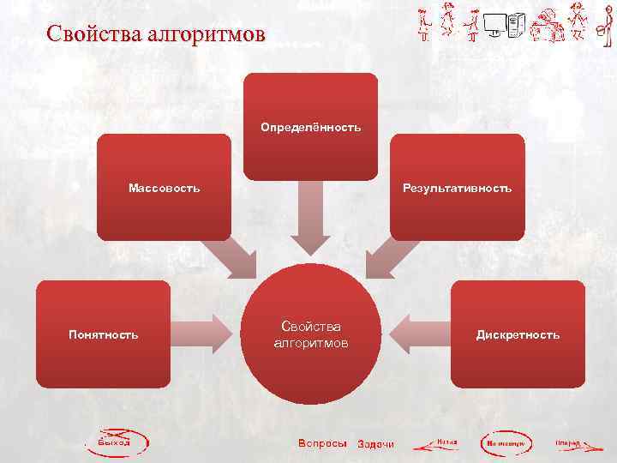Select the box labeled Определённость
311,127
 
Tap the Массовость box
164,187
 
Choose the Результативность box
457,187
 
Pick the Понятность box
103,334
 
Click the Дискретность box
518,334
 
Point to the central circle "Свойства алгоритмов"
310,334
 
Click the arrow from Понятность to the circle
206,334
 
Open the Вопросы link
322,443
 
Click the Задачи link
375,444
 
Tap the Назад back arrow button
437,444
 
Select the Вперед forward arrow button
572,444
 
